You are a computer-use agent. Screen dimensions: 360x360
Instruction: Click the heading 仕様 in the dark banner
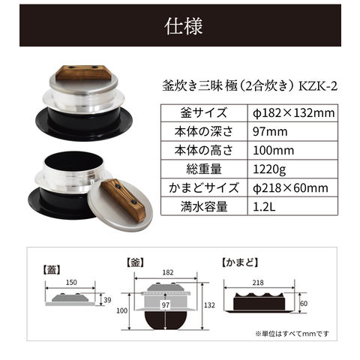[184, 26]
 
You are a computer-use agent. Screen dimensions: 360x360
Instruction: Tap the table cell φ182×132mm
[293, 113]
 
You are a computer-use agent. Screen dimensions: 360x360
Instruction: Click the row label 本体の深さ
[204, 131]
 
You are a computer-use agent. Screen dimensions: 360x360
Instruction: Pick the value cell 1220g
[293, 169]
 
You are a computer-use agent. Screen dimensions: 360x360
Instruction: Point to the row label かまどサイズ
[204, 187]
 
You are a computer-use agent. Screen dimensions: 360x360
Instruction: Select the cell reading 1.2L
[293, 206]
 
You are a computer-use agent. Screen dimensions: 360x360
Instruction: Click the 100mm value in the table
[293, 151]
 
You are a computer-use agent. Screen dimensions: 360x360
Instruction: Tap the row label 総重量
[204, 169]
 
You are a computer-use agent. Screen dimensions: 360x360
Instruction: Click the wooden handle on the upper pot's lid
[83, 73]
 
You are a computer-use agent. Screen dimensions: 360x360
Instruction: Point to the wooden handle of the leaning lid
[123, 200]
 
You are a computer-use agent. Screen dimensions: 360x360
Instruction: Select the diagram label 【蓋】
[52, 270]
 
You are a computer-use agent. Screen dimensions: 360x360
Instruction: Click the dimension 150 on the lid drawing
[71, 283]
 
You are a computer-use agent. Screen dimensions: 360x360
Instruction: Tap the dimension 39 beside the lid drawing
[107, 300]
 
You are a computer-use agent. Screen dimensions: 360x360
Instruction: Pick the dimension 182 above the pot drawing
[168, 272]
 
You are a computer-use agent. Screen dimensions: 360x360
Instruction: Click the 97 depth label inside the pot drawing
[166, 304]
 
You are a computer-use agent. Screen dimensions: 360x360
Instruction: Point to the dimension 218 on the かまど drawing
[258, 283]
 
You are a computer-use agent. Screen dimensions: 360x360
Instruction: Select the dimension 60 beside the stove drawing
[304, 304]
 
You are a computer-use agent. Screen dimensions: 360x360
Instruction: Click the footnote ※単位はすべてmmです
[292, 334]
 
